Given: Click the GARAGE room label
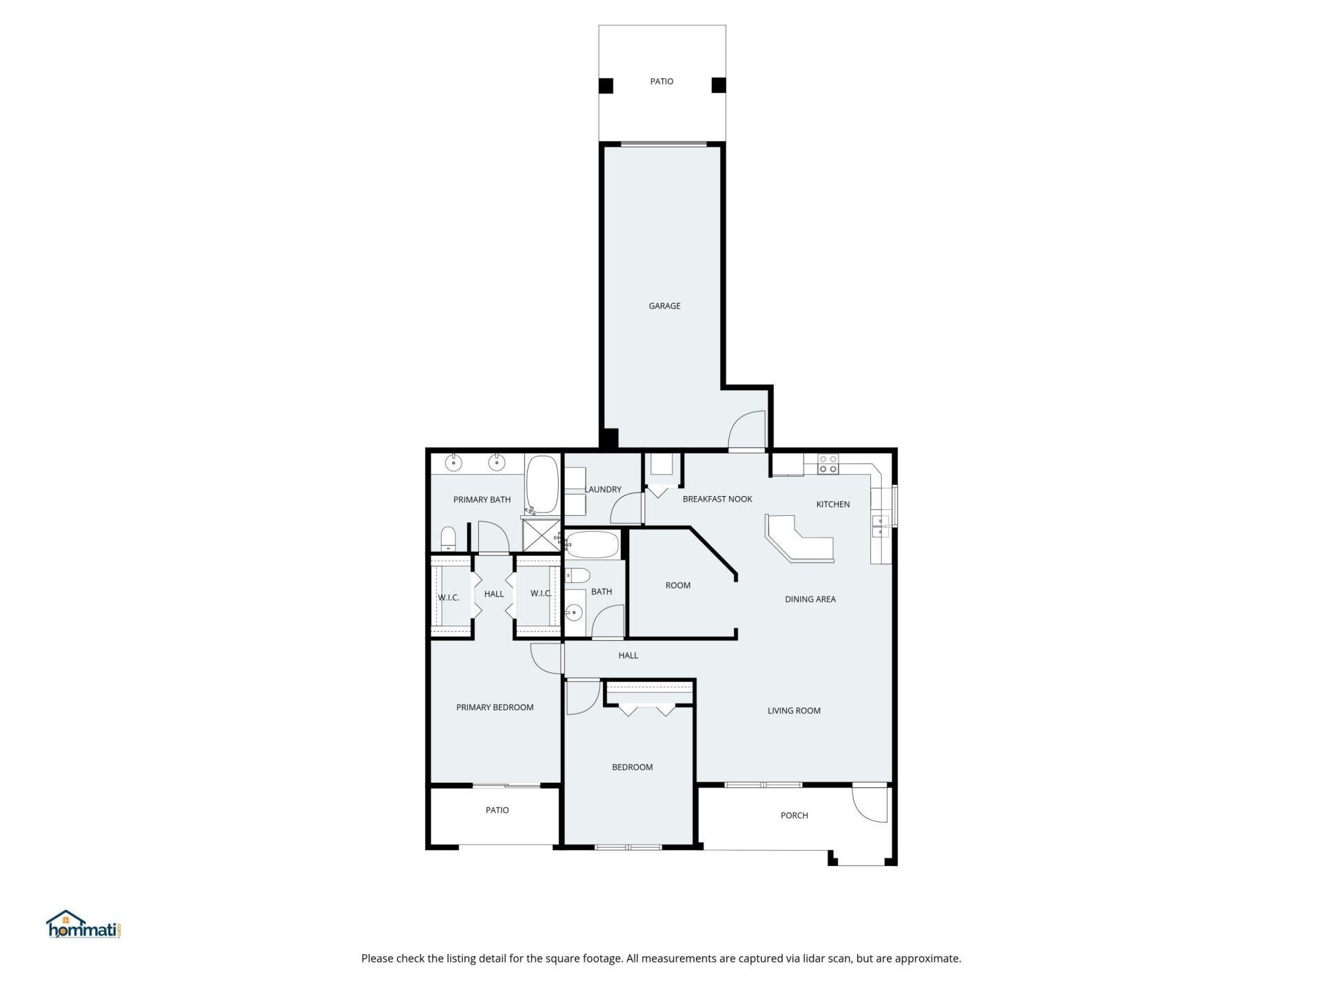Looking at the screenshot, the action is [x=664, y=306].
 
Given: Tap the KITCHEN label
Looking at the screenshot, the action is [x=833, y=504].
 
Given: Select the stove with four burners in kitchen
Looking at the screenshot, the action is [x=828, y=464].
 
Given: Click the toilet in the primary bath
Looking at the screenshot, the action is [x=449, y=539].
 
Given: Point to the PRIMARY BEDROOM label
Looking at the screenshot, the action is [x=495, y=707].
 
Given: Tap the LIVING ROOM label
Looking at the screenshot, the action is [x=794, y=711].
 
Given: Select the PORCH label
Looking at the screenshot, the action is [x=794, y=816].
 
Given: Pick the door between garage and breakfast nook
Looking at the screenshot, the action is [x=748, y=431].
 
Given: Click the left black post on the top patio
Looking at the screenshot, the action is [x=606, y=85].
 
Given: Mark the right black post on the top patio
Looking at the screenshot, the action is [x=719, y=85].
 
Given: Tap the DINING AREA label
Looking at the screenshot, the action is [x=810, y=599].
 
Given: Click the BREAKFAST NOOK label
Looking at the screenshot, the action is [x=717, y=499].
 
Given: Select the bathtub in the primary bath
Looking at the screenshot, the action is [x=543, y=484].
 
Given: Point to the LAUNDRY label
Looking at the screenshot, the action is [x=603, y=490].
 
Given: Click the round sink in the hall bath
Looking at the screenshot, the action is [x=573, y=612].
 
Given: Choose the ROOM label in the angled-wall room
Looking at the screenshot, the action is [x=678, y=586].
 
